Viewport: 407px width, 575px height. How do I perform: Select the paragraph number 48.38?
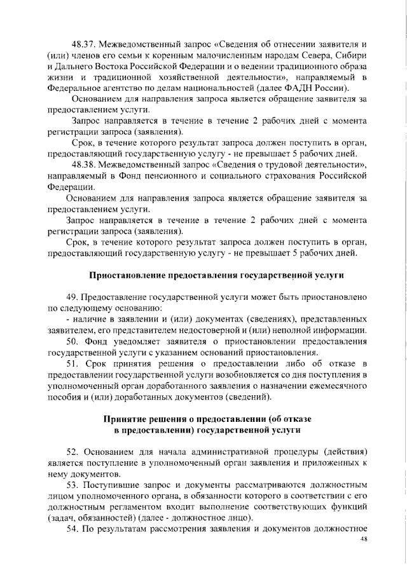tap(85, 165)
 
